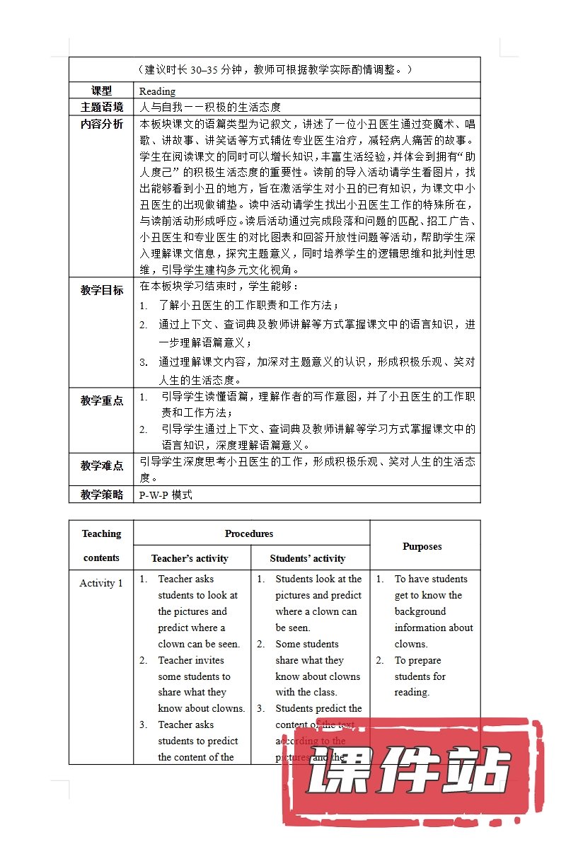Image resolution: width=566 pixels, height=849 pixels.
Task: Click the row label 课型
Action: point(101,91)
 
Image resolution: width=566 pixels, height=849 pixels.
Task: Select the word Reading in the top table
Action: point(157,91)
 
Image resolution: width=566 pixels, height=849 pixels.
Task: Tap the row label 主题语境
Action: point(101,108)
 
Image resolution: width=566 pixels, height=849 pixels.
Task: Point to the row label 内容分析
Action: point(101,125)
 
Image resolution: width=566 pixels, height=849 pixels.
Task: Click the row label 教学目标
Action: point(101,290)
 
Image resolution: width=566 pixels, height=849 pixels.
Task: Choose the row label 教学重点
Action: point(101,400)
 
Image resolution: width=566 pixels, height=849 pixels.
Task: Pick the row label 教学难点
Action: point(101,466)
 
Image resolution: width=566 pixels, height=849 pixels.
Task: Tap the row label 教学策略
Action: point(101,495)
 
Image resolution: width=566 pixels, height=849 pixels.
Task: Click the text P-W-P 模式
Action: point(166,495)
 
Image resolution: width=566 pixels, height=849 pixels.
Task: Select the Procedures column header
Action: point(249,533)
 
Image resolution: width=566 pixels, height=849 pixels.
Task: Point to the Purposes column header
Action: point(422,546)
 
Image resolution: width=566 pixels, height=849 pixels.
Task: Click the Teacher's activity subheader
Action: point(190,558)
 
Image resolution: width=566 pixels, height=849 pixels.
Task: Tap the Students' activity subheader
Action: point(308,558)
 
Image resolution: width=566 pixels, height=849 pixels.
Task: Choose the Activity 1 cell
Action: point(101,583)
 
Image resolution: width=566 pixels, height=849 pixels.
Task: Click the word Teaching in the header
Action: point(101,533)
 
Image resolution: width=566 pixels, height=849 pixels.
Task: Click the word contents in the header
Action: point(101,558)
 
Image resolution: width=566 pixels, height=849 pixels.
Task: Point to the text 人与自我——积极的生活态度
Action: point(210,108)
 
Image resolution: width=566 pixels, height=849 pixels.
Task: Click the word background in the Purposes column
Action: point(420,611)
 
